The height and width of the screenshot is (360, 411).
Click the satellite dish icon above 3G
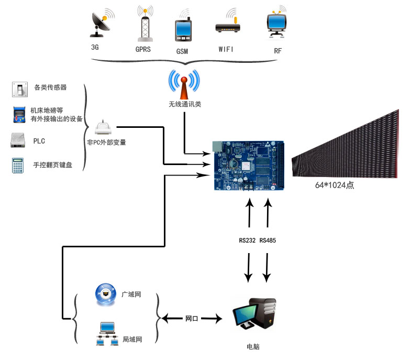(102, 23)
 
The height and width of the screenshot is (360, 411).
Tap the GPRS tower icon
(145, 24)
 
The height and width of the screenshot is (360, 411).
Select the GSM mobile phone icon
(183, 28)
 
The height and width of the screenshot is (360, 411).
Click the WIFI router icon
(228, 22)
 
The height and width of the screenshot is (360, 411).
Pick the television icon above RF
(276, 22)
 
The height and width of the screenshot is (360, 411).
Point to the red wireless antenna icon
(184, 84)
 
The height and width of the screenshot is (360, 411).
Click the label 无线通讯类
(185, 104)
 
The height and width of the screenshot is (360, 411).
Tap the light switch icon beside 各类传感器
(20, 89)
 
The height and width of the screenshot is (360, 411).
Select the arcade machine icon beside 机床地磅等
(19, 115)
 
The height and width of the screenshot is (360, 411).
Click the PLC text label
(39, 141)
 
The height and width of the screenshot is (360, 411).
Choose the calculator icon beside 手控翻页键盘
(18, 165)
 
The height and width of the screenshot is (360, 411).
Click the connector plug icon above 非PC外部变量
(103, 127)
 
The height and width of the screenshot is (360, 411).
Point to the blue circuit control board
(249, 165)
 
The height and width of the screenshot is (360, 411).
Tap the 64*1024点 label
(335, 185)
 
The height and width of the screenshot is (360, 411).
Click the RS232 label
(247, 241)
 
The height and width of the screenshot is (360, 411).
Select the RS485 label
(268, 241)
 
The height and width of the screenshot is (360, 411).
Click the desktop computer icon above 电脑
(254, 313)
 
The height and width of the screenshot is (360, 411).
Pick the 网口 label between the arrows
(192, 319)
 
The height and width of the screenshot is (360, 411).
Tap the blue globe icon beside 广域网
(106, 294)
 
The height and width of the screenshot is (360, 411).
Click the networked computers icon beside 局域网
(107, 334)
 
